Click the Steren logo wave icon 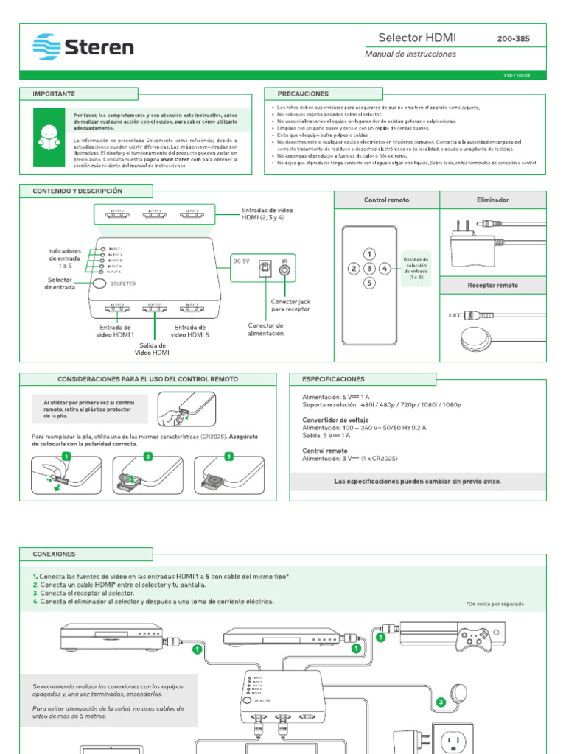tap(46, 47)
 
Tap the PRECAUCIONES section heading tap(302, 94)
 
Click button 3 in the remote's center tap(370, 269)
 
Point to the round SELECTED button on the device tap(99, 283)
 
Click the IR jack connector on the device tap(285, 271)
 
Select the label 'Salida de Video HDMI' tap(151, 348)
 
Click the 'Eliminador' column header tap(493, 200)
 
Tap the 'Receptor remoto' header tap(493, 285)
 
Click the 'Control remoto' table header tap(386, 200)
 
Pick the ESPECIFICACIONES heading tap(333, 379)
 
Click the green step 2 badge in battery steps tap(147, 457)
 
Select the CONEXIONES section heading tap(54, 553)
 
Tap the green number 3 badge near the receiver tap(441, 702)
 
